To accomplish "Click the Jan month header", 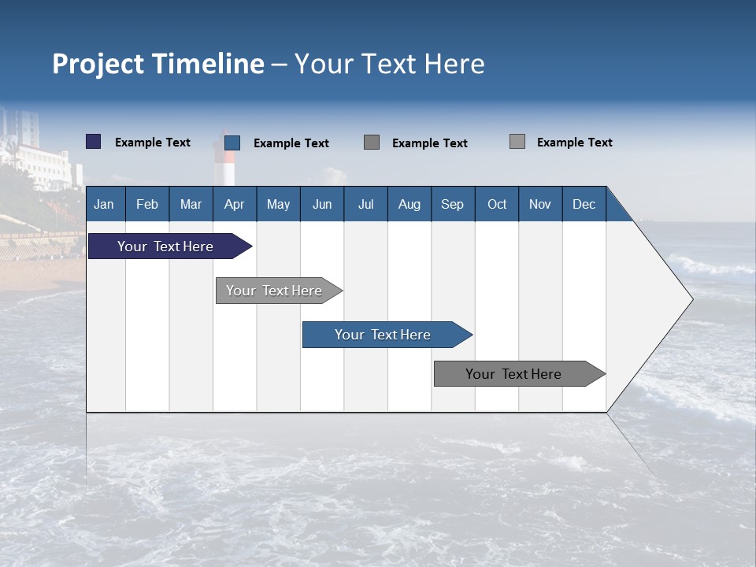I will pos(104,205).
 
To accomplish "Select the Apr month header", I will pos(234,205).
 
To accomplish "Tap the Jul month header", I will pos(365,205).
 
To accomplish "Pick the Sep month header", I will pos(452,205).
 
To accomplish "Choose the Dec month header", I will pos(584,205).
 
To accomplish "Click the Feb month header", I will pos(147,205).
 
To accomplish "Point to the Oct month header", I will pos(497,205).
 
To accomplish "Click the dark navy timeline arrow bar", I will pos(165,246).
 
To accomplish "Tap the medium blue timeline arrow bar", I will pos(383,335).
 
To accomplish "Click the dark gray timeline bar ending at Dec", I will pos(513,374).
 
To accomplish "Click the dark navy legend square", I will pos(93,142).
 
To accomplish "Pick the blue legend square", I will pos(232,143).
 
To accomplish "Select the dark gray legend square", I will pos(372,143).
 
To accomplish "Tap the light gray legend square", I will pos(517,142).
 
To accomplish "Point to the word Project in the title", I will pos(98,64).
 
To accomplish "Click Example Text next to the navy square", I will pos(153,143).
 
